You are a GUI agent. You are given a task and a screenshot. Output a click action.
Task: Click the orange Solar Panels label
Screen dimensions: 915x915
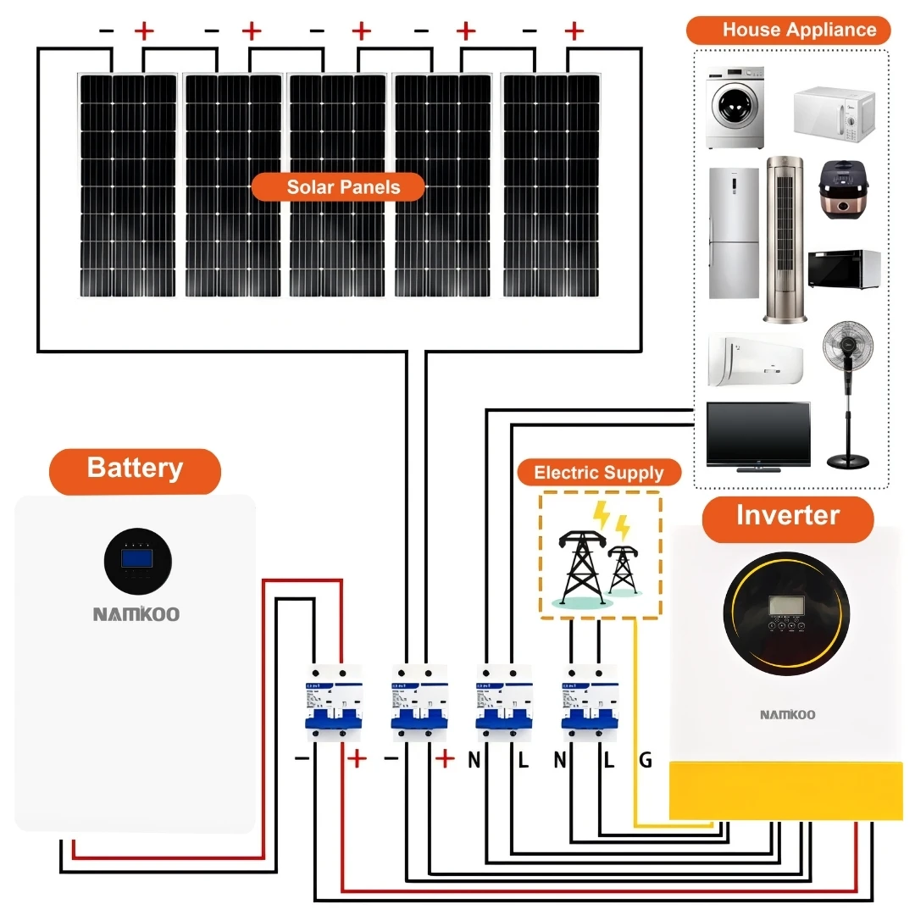tap(338, 187)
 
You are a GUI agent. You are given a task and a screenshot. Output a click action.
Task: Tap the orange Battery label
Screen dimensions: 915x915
tap(135, 469)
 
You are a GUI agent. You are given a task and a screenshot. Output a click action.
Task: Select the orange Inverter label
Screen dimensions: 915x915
tap(787, 516)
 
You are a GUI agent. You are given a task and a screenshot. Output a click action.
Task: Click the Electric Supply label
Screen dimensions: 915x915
tap(598, 473)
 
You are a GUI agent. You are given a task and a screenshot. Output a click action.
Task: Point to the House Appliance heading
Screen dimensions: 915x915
tap(788, 30)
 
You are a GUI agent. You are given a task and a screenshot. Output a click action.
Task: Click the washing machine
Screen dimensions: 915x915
tap(735, 107)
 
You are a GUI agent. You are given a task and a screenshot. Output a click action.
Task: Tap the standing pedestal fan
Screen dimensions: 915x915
tap(848, 391)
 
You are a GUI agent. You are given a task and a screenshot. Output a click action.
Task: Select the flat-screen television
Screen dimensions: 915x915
tap(757, 435)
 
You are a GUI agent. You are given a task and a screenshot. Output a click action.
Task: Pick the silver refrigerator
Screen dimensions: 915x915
tap(734, 233)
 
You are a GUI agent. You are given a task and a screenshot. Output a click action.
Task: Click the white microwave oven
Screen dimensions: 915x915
tap(832, 114)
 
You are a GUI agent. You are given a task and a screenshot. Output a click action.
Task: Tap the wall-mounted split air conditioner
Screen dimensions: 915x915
tap(755, 360)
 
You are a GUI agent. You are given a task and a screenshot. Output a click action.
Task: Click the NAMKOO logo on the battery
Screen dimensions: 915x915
tap(136, 614)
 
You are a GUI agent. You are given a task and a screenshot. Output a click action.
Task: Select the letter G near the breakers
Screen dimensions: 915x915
tap(646, 761)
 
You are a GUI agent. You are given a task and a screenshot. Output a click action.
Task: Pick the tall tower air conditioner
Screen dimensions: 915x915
tap(785, 238)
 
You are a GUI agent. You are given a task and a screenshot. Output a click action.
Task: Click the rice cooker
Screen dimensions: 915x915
tap(844, 191)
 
